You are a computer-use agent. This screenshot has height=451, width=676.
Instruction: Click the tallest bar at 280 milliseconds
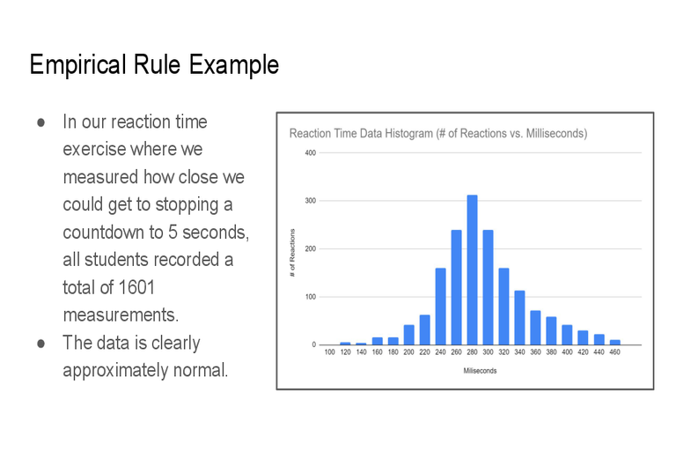tap(472, 270)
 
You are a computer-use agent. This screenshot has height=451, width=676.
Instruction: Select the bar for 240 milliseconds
tap(441, 307)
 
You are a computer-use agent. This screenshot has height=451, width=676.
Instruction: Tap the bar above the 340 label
tap(519, 318)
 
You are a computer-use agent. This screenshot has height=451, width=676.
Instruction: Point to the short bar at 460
tap(614, 343)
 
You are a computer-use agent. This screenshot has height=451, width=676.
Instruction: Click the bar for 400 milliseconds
tap(567, 335)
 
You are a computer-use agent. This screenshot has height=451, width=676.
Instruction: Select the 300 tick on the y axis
tap(311, 201)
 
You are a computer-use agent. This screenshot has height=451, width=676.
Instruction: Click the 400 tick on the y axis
tap(311, 152)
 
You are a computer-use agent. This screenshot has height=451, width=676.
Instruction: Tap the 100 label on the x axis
tap(329, 352)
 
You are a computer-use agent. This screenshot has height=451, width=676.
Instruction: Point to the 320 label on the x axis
tap(503, 352)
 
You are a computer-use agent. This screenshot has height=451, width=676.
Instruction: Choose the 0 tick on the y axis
tap(314, 344)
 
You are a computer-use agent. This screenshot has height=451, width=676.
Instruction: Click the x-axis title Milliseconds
tap(480, 371)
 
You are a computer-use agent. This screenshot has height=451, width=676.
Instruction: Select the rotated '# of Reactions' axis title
tap(293, 253)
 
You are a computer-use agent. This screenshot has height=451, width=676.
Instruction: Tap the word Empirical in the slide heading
tap(78, 65)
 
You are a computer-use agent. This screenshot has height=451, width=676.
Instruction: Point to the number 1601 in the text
tap(136, 287)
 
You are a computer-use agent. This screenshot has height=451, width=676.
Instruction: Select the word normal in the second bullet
tap(200, 370)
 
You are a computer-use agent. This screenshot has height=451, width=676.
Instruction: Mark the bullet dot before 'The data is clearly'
tap(41, 344)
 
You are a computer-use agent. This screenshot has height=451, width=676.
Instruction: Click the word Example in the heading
tap(234, 65)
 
